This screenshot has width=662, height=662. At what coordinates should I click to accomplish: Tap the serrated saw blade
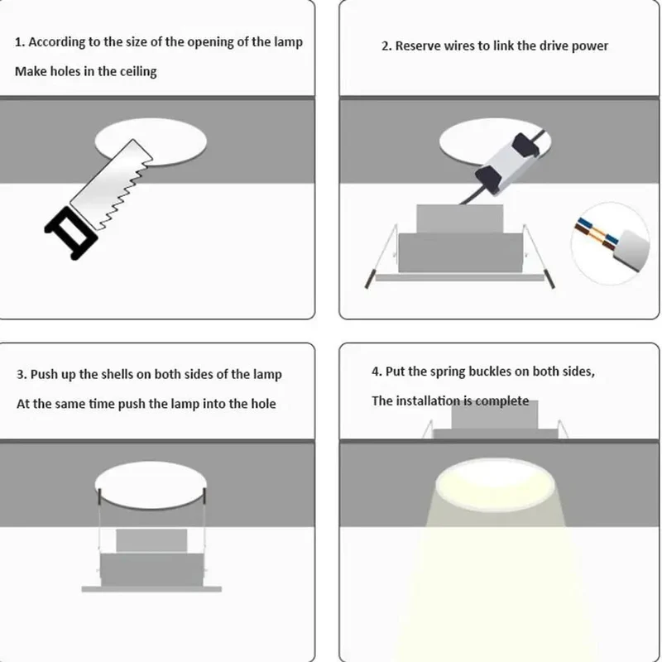pos(112,184)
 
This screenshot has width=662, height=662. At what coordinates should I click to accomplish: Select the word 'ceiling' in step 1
pos(138,71)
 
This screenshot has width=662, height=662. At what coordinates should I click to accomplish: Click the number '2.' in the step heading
pos(386,46)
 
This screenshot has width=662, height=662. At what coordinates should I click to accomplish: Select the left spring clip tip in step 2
pos(368,279)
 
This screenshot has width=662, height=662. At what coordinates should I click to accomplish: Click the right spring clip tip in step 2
pos(550,279)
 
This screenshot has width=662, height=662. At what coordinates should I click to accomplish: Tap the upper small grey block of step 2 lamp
pos(459,218)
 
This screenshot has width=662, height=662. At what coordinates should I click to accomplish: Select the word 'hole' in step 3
pos(263,404)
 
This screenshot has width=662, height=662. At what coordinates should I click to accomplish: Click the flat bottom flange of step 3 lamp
pos(151,589)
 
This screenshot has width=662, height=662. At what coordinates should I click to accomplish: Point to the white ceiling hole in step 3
pos(151,485)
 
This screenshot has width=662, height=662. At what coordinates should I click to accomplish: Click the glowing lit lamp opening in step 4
pos(495,484)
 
